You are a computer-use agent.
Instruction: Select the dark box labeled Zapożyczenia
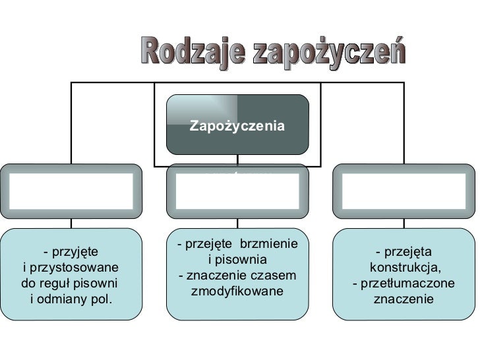coord(237,125)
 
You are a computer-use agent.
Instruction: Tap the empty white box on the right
coord(404,191)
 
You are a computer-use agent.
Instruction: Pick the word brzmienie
coord(268,245)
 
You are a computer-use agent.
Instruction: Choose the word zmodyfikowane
coord(237,291)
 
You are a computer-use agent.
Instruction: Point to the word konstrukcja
coord(404,268)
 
